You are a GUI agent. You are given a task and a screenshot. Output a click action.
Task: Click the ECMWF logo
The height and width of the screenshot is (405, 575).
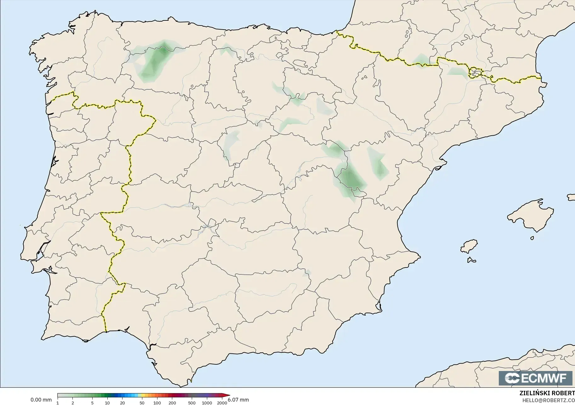tap(535, 378)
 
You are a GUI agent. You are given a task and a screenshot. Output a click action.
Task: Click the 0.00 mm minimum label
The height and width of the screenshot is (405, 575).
tap(41, 400)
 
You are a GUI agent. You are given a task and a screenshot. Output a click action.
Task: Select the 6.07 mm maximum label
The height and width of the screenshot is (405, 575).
tap(238, 400)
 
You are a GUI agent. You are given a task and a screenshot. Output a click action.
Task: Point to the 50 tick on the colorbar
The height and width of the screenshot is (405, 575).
tap(142, 403)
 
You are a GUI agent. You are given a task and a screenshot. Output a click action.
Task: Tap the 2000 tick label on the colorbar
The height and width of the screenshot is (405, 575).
tap(222, 403)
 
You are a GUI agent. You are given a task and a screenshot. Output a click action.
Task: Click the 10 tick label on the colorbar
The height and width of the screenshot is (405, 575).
tap(107, 403)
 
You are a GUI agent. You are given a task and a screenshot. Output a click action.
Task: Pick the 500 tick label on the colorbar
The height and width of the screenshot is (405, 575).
tap(191, 403)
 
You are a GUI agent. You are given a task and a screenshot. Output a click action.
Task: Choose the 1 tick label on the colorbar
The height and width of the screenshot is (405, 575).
tap(58, 403)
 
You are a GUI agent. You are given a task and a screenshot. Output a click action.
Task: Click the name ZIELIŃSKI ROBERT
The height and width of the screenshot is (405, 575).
tap(547, 393)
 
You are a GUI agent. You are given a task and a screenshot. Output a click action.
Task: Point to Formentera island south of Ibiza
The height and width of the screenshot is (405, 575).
tap(471, 260)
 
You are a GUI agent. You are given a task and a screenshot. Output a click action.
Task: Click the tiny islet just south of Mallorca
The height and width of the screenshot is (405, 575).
tap(532, 238)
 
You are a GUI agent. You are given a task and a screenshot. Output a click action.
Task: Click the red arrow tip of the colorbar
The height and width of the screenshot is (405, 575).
tap(228, 396)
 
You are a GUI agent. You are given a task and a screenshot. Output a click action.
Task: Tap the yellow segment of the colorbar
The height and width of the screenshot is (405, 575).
tap(140, 396)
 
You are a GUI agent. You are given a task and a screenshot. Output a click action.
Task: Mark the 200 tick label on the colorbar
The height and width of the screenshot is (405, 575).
tap(172, 403)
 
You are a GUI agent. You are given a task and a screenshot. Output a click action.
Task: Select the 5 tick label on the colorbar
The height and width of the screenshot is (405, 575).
tap(92, 403)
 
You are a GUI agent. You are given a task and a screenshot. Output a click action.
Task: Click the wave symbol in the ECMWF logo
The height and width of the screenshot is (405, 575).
tap(512, 378)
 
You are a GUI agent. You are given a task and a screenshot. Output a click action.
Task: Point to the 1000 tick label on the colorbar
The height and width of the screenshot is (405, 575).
tap(207, 403)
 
